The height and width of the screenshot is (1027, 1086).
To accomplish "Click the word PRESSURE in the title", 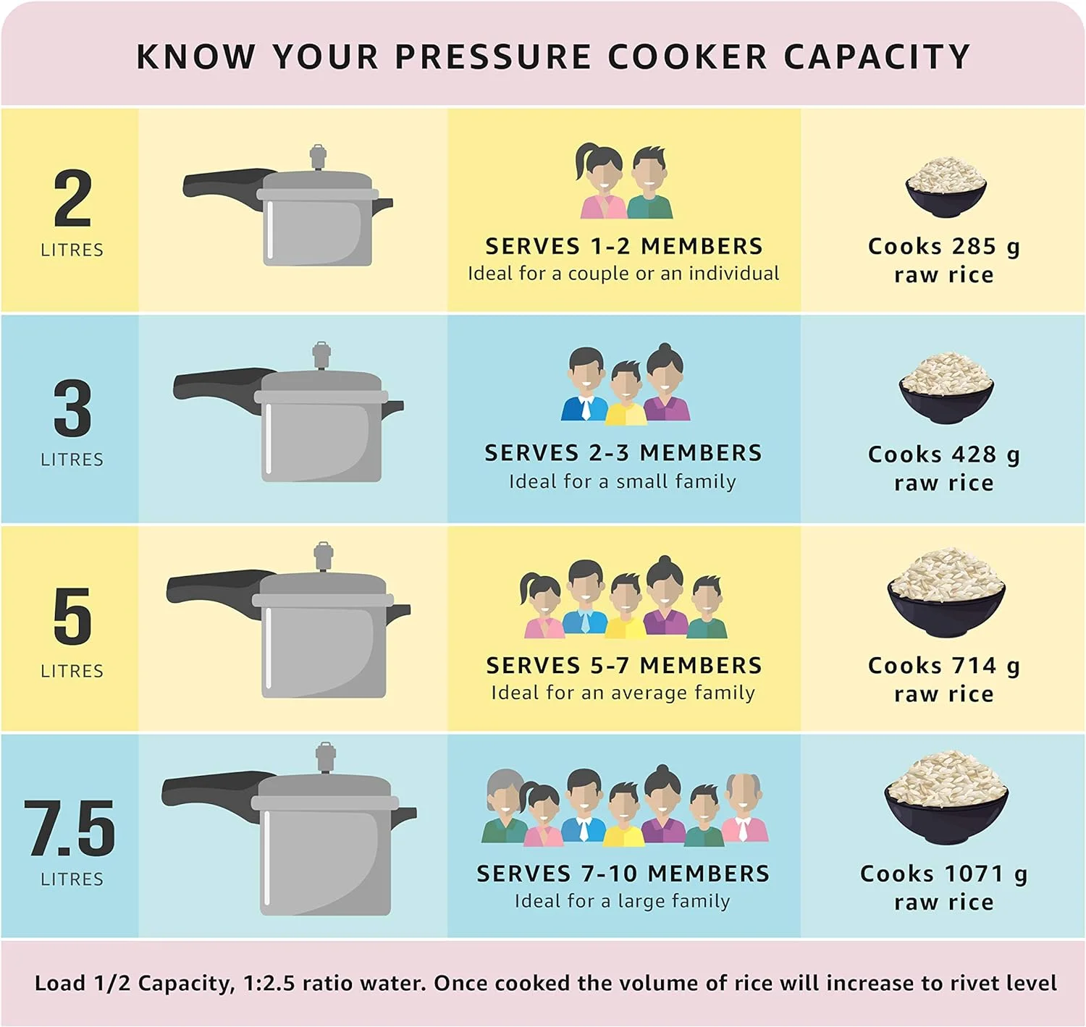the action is point(493,56).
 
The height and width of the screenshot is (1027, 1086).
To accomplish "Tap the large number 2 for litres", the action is point(72,198).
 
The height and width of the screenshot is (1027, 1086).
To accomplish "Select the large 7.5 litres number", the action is point(70,828).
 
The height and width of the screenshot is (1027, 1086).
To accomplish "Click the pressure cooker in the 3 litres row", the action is point(288,411).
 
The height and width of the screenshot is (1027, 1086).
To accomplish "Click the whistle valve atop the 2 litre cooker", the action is point(318,157).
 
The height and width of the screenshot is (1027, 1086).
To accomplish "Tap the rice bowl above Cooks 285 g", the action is point(946,187).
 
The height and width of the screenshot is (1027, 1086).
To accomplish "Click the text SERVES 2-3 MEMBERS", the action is point(623,453).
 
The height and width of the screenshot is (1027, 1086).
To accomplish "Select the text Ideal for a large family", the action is point(623,901).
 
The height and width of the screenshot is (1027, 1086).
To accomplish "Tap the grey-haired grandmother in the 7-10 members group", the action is point(504,806).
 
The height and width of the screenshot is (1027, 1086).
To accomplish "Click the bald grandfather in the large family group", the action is point(744,807).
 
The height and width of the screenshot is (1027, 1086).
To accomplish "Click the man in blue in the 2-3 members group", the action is point(585,384).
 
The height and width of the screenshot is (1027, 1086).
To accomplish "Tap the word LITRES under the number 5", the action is point(72,672).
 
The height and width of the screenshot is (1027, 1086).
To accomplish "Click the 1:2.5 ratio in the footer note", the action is point(269,983).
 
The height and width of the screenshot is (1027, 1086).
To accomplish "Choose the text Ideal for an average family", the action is point(623,693).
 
